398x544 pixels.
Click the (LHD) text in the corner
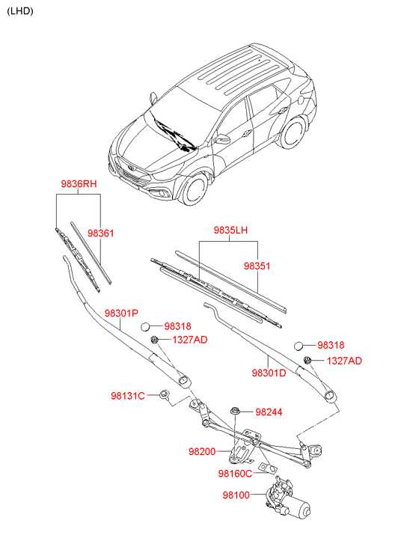[20, 11]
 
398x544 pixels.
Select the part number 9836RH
[79, 183]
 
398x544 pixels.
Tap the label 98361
[101, 233]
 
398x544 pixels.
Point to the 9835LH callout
[230, 230]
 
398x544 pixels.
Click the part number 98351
[257, 266]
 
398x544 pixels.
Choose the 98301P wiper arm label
[121, 314]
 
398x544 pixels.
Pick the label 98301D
[269, 373]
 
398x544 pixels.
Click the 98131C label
[128, 396]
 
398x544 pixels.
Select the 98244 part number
[269, 412]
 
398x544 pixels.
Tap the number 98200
[202, 452]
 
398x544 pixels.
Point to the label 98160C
[235, 474]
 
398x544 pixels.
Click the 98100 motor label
[236, 495]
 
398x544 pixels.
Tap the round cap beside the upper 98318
[145, 327]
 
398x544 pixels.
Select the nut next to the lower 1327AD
[307, 361]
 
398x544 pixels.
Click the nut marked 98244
[235, 411]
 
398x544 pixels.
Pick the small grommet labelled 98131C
[164, 394]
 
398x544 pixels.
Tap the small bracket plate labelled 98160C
[268, 468]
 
